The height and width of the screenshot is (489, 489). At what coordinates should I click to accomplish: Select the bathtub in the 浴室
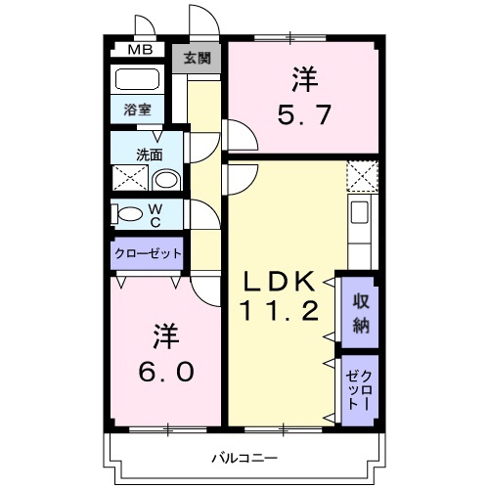(137, 80)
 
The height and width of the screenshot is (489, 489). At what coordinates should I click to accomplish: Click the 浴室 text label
(136, 110)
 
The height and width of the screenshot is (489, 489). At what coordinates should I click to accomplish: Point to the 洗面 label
(149, 154)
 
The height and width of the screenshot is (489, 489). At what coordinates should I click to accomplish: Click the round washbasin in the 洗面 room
(167, 179)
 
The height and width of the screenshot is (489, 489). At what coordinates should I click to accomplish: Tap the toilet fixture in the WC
(124, 214)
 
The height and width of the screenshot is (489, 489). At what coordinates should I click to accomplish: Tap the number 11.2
(279, 313)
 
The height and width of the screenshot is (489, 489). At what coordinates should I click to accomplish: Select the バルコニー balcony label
(244, 457)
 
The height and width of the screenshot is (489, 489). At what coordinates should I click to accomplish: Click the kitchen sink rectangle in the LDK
(360, 212)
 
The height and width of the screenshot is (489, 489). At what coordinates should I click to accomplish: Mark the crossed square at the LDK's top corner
(361, 177)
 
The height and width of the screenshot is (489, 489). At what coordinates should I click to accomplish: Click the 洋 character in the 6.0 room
(163, 335)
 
